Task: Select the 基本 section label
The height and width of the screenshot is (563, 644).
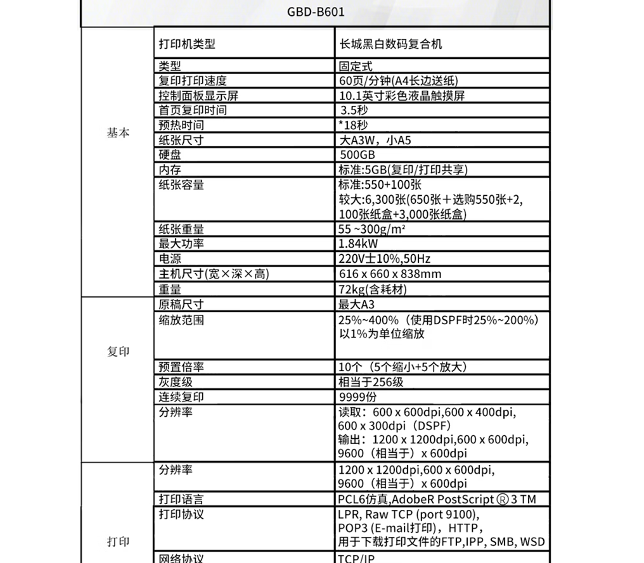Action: pos(118,133)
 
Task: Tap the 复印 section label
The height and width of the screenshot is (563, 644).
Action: pos(118,352)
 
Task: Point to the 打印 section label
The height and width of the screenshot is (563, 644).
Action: pos(118,541)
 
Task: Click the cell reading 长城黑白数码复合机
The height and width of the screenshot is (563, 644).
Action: pos(390,44)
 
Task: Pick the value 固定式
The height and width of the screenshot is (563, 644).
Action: pos(356,66)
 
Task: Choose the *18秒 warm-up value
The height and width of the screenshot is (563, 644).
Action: pos(353,125)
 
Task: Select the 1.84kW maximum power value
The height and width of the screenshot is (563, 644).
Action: pos(359,244)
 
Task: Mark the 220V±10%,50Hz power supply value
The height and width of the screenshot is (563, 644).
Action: pos(385,259)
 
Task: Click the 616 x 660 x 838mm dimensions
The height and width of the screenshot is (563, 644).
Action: pos(390,274)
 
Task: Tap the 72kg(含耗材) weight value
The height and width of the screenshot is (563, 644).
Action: pos(373,289)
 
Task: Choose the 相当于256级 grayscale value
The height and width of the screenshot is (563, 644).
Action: pos(371,383)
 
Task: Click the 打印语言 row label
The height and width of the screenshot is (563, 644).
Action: pos(181,500)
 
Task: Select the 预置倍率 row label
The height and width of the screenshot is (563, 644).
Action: pos(181,367)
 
